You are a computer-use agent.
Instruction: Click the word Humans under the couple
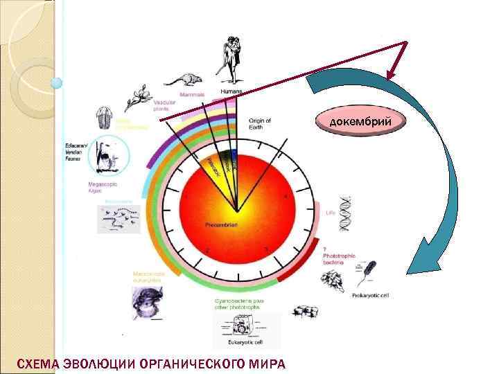pos(231,91)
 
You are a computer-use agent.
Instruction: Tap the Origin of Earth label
pos(259,123)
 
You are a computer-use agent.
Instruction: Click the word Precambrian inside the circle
pos(222,225)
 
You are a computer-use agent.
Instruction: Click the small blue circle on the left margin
pos(57,83)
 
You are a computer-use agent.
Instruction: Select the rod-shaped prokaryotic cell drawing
pos(369,274)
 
